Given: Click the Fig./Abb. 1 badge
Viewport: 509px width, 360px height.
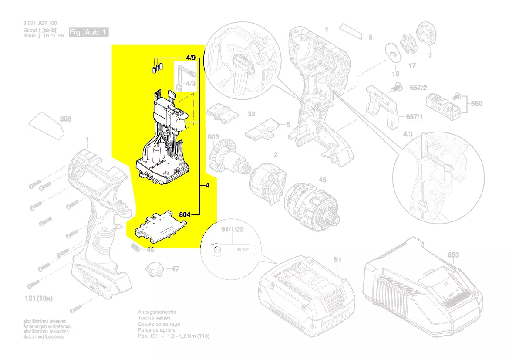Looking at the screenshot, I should [88, 32].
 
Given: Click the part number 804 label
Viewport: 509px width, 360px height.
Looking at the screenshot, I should [185, 214].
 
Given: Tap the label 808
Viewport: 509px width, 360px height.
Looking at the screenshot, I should [66, 119].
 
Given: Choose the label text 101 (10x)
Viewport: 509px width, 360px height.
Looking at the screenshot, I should [38, 299].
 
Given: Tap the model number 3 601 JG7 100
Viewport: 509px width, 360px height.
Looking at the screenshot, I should [40, 23].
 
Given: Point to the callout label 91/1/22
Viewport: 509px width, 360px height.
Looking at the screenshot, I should [232, 228].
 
